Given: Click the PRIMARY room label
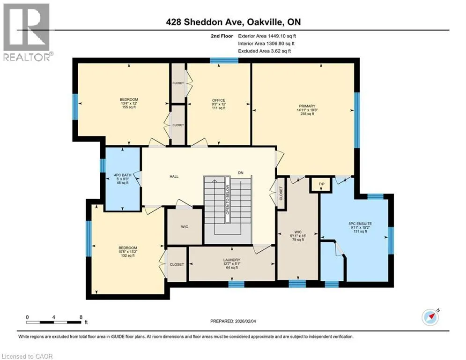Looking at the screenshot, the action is (x=307, y=106).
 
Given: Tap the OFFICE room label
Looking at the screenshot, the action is (x=219, y=100).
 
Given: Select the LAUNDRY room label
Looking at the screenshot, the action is (x=232, y=260).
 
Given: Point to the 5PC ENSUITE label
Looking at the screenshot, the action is (x=360, y=224).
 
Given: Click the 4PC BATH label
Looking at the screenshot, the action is (x=123, y=175).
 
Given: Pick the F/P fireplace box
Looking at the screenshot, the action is (x=322, y=184).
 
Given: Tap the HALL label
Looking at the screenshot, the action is (x=174, y=176).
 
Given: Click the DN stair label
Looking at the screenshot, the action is (x=241, y=172).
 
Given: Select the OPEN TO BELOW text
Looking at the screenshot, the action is (x=228, y=200).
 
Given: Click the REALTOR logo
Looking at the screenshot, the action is (x=27, y=32).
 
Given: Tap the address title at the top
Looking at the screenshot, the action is (x=233, y=22).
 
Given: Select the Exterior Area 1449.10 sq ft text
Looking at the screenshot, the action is (x=267, y=36).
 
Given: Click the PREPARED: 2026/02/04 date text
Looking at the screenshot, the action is (x=233, y=321).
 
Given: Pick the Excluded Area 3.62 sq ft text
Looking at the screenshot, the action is (x=265, y=51).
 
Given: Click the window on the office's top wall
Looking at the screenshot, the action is (x=224, y=60).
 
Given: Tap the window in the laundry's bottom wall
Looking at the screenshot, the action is (x=236, y=285).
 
